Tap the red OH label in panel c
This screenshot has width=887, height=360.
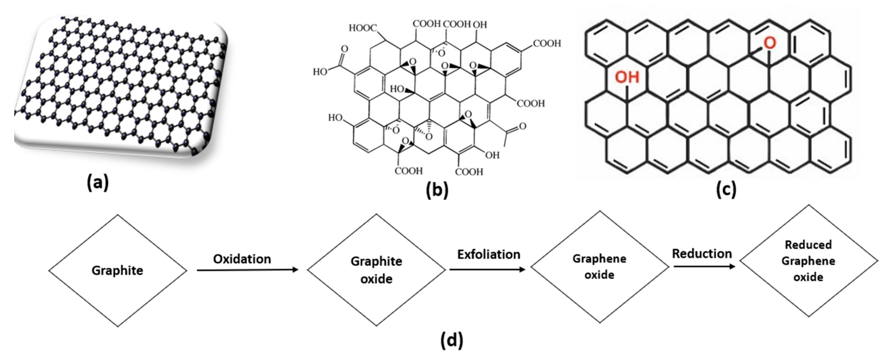click(627, 77)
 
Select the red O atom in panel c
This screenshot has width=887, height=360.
click(770, 43)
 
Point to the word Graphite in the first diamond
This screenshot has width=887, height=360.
click(117, 271)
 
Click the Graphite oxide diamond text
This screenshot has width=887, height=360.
click(376, 270)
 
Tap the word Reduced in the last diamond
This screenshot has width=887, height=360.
click(808, 245)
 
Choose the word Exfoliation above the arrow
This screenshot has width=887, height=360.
click(489, 255)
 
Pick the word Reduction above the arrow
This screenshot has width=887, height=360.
click(702, 254)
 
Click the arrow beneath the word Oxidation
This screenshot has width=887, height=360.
click(247, 270)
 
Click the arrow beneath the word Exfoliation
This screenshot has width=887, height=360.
click(487, 269)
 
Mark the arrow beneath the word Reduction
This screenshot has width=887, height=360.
click(704, 266)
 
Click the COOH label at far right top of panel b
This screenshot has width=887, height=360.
click(547, 43)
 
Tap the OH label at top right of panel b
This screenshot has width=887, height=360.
click(480, 25)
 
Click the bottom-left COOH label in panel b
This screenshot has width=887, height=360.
click(408, 171)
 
